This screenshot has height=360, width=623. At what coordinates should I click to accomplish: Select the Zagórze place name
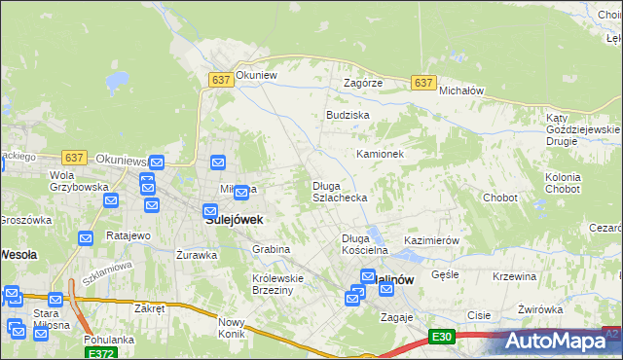[363, 84]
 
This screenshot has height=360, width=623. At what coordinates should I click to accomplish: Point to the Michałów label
[461, 90]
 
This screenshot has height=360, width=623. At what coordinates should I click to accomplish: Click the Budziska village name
[348, 115]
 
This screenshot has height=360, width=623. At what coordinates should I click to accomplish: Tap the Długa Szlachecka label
[339, 192]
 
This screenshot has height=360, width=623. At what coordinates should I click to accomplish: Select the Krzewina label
[515, 276]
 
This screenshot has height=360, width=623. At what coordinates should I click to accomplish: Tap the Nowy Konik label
[232, 328]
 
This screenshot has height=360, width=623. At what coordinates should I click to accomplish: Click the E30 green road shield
[442, 337]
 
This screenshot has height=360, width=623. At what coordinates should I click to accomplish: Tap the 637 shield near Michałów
[422, 84]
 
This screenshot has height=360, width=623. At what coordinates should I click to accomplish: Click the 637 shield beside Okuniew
[220, 81]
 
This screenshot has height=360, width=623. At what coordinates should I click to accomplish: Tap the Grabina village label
[272, 249]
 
